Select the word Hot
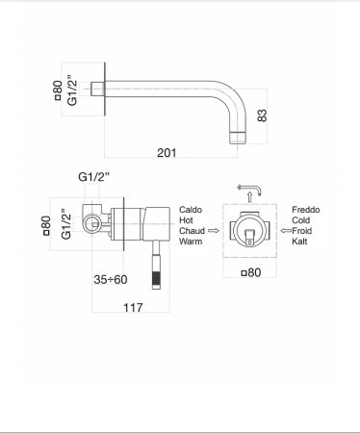point(187,220)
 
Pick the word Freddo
point(307,209)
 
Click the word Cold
point(302,220)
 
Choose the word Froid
point(303,231)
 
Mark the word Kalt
point(300,242)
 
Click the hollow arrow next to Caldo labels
point(214,231)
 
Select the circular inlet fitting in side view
point(93,225)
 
